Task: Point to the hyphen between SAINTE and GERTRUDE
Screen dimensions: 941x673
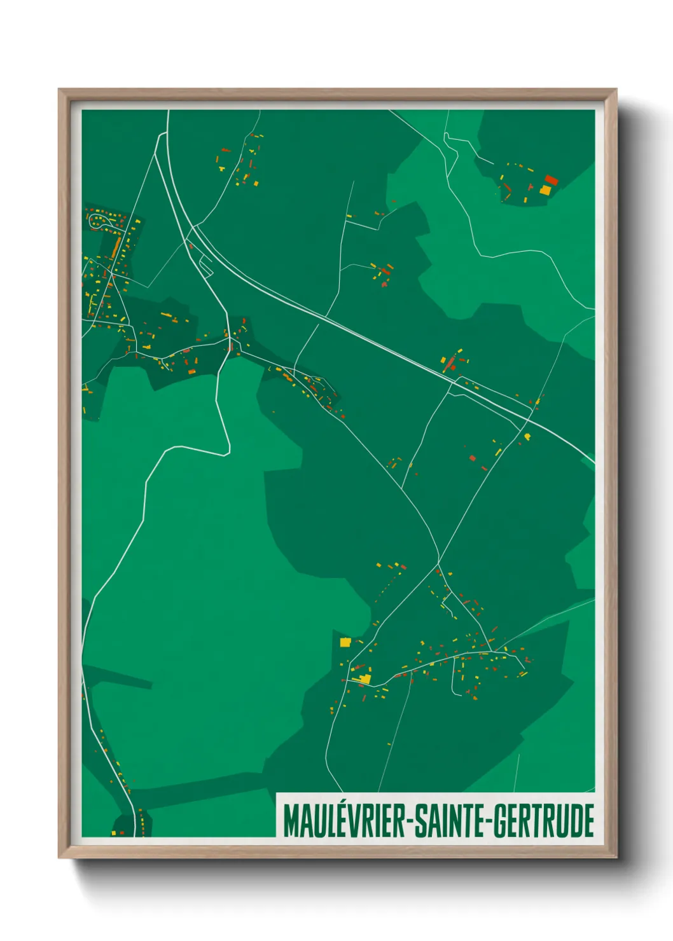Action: [x=488, y=821]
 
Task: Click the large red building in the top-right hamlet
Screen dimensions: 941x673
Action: [x=551, y=180]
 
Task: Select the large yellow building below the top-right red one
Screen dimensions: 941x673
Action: [x=545, y=189]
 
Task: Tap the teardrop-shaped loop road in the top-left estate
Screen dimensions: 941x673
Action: [x=100, y=221]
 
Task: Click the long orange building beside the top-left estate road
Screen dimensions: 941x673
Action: [x=116, y=247]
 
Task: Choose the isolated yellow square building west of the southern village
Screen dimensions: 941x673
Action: [x=345, y=642]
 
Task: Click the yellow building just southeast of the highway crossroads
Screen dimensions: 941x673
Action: [x=527, y=436]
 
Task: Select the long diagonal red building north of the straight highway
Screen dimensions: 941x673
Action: [x=450, y=363]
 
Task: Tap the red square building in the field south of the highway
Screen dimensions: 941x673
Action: [x=472, y=457]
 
